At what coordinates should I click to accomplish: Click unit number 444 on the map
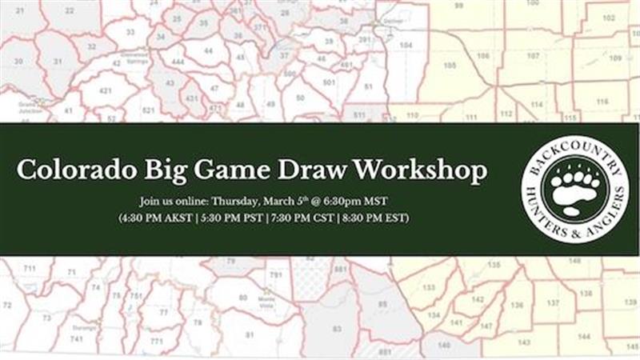[x=177, y=62]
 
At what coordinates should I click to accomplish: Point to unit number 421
[x=105, y=91]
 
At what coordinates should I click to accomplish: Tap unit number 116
[x=602, y=102]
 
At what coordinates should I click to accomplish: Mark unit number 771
[x=156, y=342]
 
